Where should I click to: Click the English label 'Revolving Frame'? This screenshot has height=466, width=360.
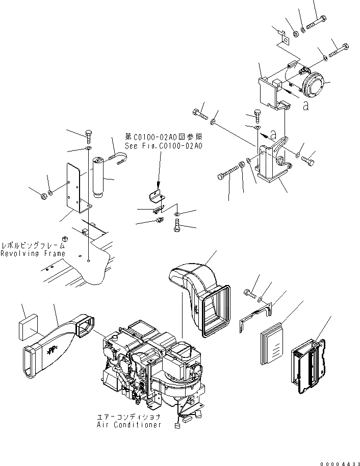pyautogui.click(x=33, y=253)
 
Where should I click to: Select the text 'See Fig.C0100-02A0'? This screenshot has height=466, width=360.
pyautogui.click(x=163, y=146)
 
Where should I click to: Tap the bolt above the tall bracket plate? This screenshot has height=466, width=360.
pyautogui.click(x=89, y=136)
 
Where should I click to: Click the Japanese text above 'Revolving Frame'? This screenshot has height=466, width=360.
pyautogui.click(x=33, y=245)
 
